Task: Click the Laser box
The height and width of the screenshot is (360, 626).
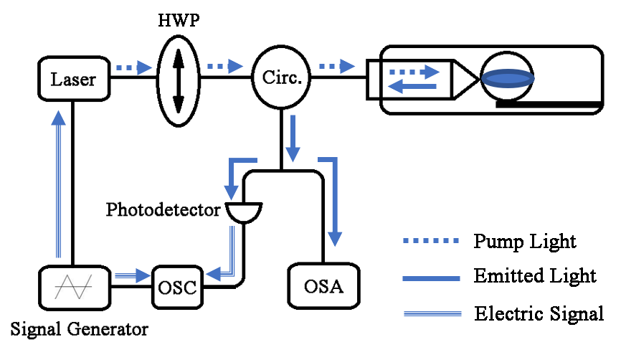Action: [73, 78]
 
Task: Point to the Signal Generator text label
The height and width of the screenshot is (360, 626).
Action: [79, 330]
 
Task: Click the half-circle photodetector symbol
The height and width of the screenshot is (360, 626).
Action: [244, 212]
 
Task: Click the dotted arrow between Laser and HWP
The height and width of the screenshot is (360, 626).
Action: [134, 67]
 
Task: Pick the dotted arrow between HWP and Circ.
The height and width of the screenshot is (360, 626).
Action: [225, 67]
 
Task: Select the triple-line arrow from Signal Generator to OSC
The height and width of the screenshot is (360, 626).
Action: [133, 273]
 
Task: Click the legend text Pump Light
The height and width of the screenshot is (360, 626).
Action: [525, 241]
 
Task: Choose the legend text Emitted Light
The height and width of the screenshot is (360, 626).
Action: [535, 275]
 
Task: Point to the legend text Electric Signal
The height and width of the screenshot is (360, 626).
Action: [539, 313]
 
